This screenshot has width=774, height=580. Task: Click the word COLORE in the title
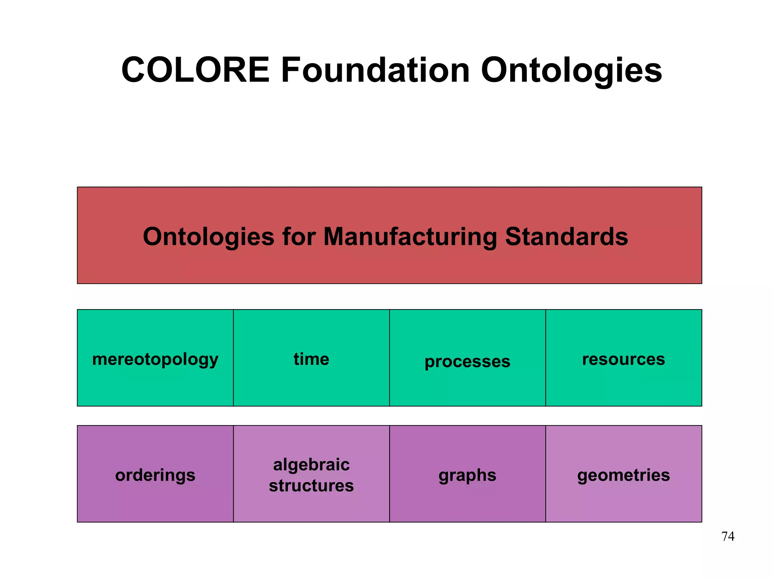195,70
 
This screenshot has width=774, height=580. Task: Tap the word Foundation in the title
375,70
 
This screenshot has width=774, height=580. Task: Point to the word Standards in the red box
567,237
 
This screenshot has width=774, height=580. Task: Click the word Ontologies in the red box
209,237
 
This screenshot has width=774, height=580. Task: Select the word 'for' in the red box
299,237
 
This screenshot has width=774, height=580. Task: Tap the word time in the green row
311,359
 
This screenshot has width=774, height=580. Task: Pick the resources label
624,359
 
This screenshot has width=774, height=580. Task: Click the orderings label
155,475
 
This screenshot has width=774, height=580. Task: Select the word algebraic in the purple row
311,464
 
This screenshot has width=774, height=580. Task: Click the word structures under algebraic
311,486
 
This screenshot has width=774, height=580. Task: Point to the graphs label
467,475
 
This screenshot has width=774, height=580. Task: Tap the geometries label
624,475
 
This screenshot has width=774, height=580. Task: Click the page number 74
728,536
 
